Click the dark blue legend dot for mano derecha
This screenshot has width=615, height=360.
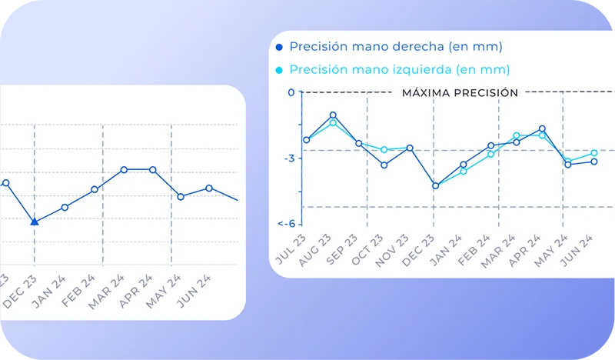coord(279,47)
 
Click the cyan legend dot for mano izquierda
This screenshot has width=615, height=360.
coord(279,70)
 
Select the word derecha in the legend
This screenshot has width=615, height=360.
coord(418,46)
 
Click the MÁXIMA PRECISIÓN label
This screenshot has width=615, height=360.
coord(460,92)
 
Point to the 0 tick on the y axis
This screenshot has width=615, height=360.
coord(291,92)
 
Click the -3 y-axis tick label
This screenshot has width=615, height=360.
coord(289,158)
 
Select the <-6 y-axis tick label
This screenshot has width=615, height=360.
coord(286,224)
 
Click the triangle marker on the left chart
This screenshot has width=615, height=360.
coord(35,222)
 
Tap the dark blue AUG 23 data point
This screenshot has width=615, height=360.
coord(333,115)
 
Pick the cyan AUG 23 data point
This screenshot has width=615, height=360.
coord(333,123)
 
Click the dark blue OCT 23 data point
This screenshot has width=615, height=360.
coord(384,165)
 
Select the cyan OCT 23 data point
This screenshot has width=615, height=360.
coord(384,149)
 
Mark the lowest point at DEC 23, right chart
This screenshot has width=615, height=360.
coord(435,185)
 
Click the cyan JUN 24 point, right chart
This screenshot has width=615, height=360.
coord(594,153)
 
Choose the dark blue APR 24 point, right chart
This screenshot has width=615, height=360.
coord(542,128)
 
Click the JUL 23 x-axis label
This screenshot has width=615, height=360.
coord(291,250)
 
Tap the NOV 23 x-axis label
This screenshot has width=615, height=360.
coord(392,252)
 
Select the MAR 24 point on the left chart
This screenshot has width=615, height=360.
coord(124,169)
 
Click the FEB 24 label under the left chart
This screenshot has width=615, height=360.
coord(78,291)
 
